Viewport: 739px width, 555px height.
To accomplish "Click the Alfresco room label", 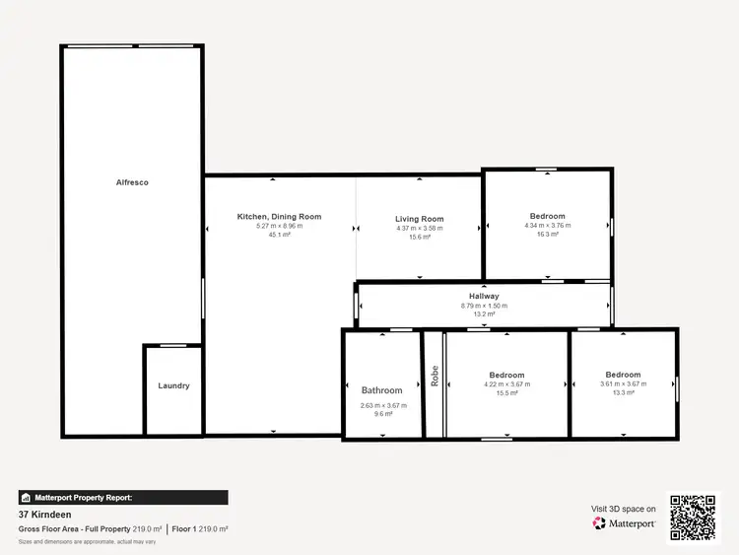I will pos(131,182).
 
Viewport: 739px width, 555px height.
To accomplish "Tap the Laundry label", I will pos(173,385).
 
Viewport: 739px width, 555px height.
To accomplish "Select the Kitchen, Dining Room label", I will pos(279,217).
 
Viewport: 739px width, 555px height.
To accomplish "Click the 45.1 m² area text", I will pos(279,236).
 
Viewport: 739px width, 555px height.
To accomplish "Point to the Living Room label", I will pos(420,219).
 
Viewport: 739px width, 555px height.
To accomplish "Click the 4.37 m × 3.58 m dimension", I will pos(420,228).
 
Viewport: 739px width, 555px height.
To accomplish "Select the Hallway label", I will pos(484,296).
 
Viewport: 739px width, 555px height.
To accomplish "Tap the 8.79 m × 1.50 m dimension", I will pos(484,306).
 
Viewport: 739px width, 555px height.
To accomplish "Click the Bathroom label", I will pos(381,390).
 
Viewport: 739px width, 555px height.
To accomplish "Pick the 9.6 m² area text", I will pos(381,414).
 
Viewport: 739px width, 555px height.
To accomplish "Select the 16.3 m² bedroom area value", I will pos(548,235).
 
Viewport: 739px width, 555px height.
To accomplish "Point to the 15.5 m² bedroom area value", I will pos(506,393).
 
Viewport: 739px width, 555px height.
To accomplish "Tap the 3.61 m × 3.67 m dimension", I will pos(623,383).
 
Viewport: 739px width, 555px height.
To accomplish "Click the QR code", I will pos(695,517).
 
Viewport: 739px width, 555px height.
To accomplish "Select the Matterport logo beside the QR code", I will pos(625,523).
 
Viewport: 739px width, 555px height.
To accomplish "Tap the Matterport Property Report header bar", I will pos(123,498).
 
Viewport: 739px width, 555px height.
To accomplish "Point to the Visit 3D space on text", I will pos(623,509).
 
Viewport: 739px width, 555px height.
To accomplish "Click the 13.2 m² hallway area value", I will pos(484,314).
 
